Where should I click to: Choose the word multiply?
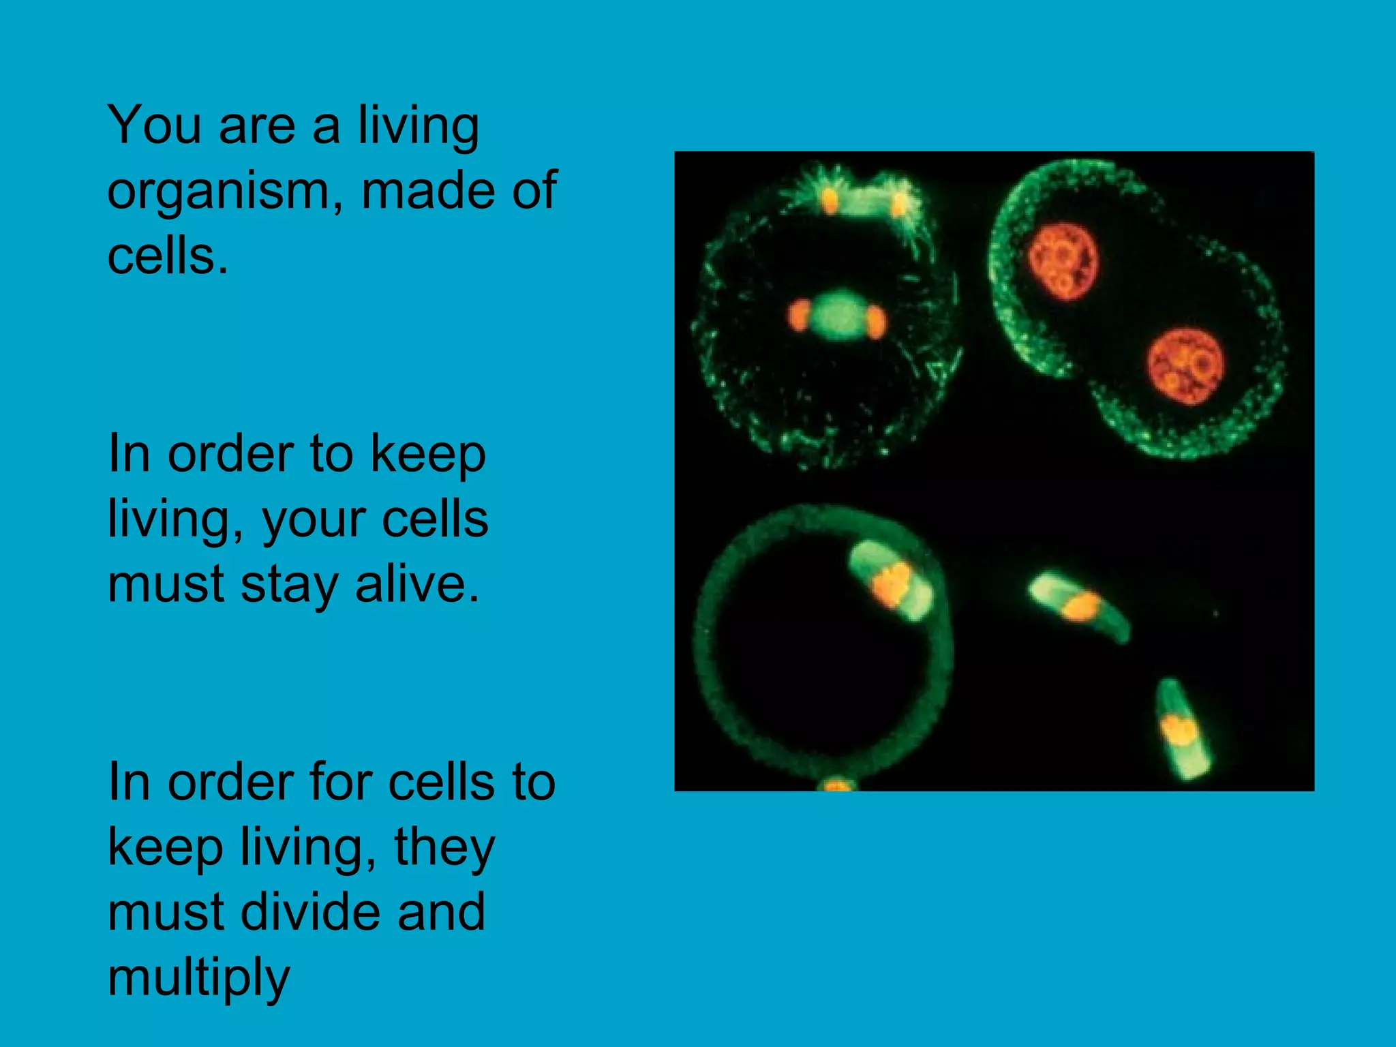pos(198,978)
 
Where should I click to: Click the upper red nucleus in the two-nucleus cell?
pos(1063,261)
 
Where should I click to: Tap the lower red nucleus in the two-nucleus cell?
pos(1185,367)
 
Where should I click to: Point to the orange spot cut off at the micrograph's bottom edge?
pos(837,786)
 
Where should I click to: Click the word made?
pos(427,191)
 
